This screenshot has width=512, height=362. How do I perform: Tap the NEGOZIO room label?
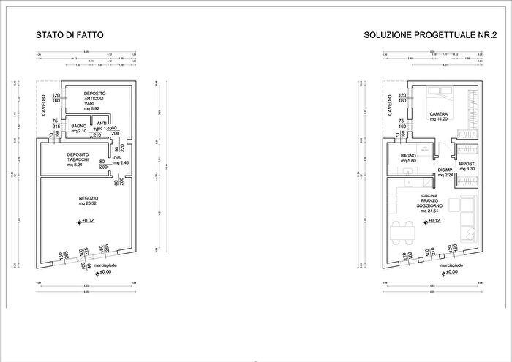(x=89, y=199)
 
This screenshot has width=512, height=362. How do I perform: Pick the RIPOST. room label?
(x=467, y=165)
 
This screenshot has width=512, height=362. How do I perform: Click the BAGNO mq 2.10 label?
(x=79, y=129)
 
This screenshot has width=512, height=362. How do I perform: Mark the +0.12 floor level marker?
(x=432, y=220)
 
